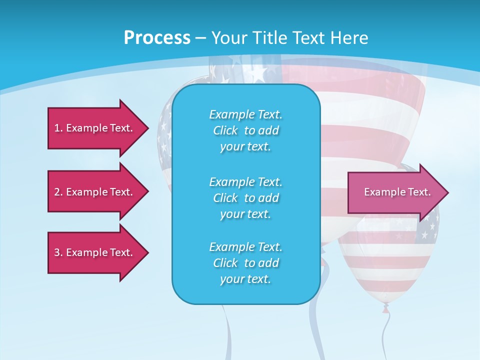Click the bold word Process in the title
click(157, 38)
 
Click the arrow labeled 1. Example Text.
click(95, 128)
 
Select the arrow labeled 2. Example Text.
click(95, 192)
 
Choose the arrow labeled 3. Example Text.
click(95, 252)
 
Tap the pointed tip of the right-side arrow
click(447, 192)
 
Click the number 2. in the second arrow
click(58, 192)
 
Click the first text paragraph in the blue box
click(245, 130)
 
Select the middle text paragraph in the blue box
click(245, 198)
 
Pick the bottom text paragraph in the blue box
click(245, 263)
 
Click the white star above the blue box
click(258, 74)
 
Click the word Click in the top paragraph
click(225, 131)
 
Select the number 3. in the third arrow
click(58, 252)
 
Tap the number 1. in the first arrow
click(58, 128)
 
